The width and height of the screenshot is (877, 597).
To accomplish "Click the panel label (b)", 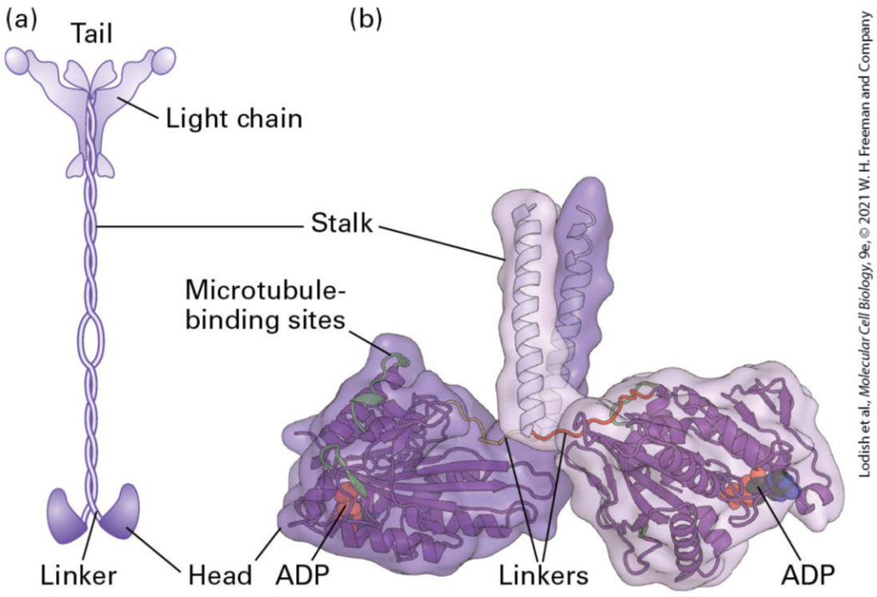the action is pos(364,18).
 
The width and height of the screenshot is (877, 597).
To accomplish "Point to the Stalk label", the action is pos(343,226).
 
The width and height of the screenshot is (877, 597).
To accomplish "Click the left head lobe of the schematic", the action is pos(65,510).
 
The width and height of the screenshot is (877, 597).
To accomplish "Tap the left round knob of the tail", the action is pos(18,59).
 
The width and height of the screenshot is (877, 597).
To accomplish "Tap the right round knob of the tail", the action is pos(163,60).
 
